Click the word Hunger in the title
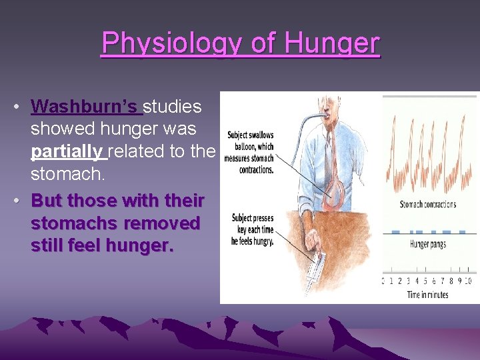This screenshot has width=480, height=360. tap(332, 45)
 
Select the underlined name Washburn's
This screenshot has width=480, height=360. tap(84, 107)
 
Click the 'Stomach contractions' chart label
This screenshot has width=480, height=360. tap(427, 204)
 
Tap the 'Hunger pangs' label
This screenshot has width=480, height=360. tap(429, 245)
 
